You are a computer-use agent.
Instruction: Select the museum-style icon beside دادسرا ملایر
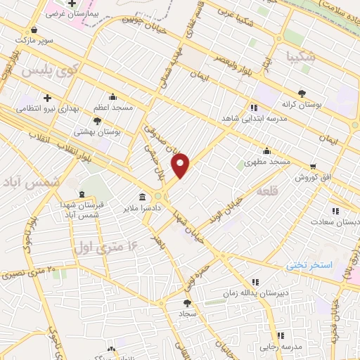[143, 196]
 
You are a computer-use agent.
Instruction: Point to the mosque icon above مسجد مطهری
[266, 150]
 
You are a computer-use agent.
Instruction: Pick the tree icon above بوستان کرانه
[302, 93]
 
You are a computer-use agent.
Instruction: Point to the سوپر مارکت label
[35, 41]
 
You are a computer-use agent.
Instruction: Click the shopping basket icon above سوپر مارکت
[35, 31]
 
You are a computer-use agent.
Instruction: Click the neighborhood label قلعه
[268, 191]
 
